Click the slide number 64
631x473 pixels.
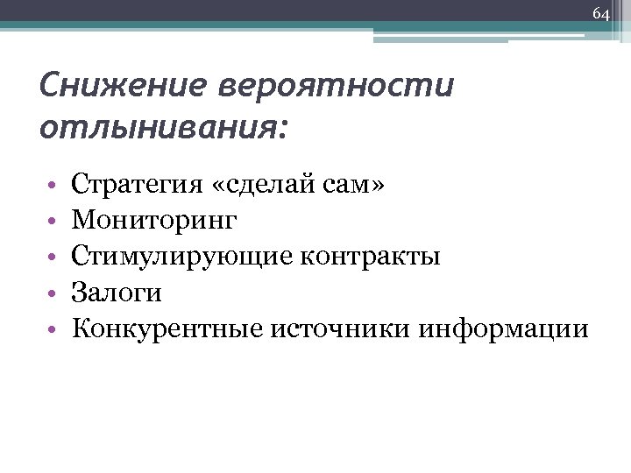[x=600, y=14]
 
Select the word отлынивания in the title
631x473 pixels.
[x=158, y=127]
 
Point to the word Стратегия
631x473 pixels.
[x=138, y=185]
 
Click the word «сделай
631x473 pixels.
[x=264, y=185]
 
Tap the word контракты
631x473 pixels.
[x=371, y=257]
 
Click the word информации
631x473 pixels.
[x=503, y=328]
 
